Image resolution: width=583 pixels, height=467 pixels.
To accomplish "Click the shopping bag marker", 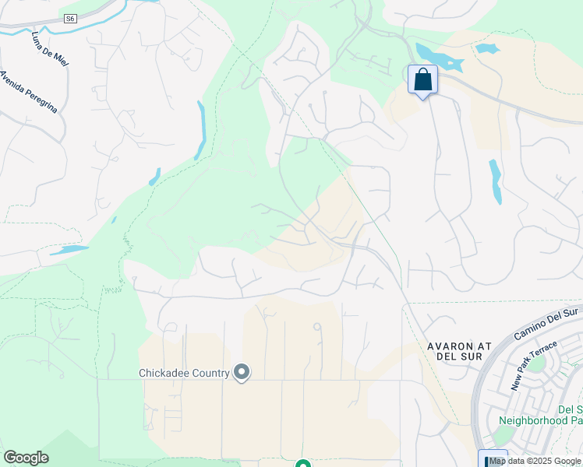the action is pyautogui.click(x=422, y=80).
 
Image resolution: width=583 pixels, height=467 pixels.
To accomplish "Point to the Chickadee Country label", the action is pyautogui.click(x=184, y=373).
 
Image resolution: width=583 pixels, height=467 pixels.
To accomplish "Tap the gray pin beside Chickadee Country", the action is pyautogui.click(x=242, y=373).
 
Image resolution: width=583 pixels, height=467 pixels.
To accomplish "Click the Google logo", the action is pyautogui.click(x=26, y=457).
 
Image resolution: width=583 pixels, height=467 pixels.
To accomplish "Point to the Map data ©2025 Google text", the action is pyautogui.click(x=535, y=461).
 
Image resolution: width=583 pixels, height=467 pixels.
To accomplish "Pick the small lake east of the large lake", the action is pyautogui.click(x=487, y=48).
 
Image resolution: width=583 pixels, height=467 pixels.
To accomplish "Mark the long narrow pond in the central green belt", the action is pyautogui.click(x=201, y=130).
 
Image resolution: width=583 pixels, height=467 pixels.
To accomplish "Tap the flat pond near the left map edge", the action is pyautogui.click(x=69, y=251).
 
